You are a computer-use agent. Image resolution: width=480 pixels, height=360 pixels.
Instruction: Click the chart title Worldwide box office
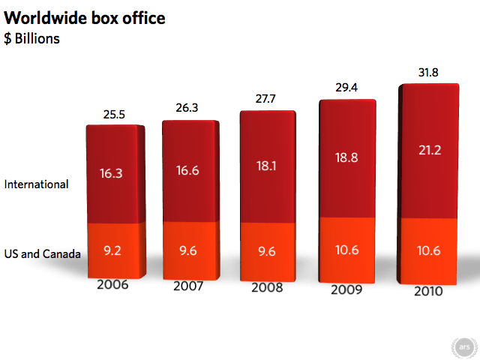tap(85, 16)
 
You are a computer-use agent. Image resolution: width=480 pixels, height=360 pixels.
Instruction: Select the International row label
tap(36, 184)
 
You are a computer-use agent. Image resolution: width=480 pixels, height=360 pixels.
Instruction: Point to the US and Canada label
tap(42, 253)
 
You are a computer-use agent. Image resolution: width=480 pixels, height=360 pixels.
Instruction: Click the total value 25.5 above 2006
tap(113, 115)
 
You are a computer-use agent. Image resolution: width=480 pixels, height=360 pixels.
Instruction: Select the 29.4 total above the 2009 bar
tap(348, 87)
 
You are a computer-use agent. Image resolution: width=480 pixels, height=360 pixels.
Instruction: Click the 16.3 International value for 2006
tap(112, 172)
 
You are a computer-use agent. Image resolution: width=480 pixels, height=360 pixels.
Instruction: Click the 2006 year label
tap(112, 285)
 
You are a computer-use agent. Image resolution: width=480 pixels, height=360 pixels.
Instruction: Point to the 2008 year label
tap(268, 287)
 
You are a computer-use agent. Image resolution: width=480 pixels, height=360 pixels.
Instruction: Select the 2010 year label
tap(428, 291)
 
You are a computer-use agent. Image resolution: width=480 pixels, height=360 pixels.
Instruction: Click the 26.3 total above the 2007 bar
tap(188, 108)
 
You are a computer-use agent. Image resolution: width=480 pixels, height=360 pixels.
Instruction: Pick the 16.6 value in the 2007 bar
tap(188, 171)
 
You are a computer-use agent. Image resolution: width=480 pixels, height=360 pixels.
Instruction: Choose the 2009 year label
tap(347, 289)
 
